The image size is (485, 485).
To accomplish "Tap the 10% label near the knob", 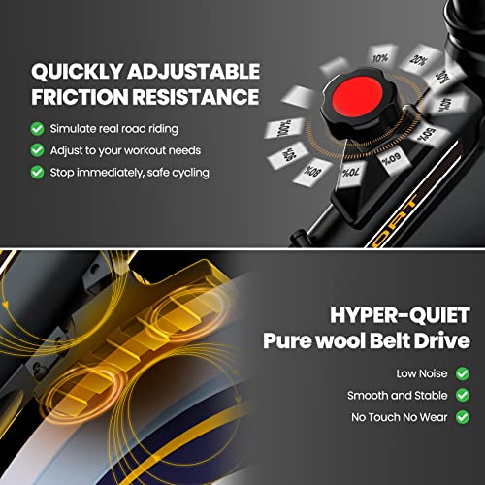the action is coord(380,58).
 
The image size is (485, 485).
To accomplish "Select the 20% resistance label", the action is coord(419,60).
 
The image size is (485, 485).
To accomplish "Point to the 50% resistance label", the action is coord(427,134).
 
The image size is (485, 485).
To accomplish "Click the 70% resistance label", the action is coord(350,173).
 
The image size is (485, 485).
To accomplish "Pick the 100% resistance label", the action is coord(284,128).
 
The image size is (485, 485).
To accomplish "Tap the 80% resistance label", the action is coord(312,171).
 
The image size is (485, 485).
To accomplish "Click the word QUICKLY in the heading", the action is coord(78,72).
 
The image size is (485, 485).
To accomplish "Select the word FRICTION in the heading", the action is coord(80,97).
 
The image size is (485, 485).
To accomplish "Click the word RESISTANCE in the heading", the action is coord(196,97).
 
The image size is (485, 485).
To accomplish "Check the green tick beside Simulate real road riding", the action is coord(38,129).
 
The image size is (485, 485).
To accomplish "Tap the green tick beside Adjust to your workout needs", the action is coord(38,150).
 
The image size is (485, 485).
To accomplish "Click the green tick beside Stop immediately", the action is coord(38,172).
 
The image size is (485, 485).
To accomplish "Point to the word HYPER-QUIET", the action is coord(400,315).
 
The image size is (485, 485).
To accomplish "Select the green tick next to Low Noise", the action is coord(463,373).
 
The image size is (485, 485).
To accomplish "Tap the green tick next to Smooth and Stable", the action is coord(463,395).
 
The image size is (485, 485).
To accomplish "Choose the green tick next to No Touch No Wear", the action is coord(463,417).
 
